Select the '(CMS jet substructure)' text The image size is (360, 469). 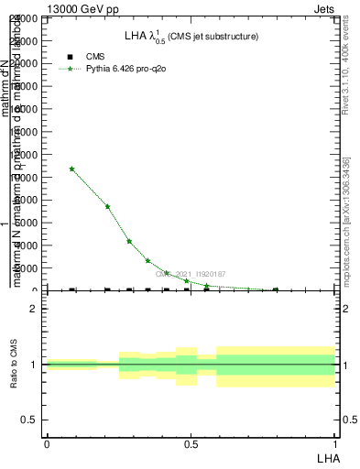click(213, 37)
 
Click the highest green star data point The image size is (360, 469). click(72, 169)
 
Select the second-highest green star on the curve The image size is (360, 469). click(107, 206)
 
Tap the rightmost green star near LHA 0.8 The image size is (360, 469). click(276, 289)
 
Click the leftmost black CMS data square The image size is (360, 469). click(72, 290)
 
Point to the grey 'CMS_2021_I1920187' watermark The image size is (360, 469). click(190, 273)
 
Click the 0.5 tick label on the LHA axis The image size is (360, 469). click(191, 444)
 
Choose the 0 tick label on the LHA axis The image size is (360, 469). click(47, 444)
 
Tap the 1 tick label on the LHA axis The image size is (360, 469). click(334, 444)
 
